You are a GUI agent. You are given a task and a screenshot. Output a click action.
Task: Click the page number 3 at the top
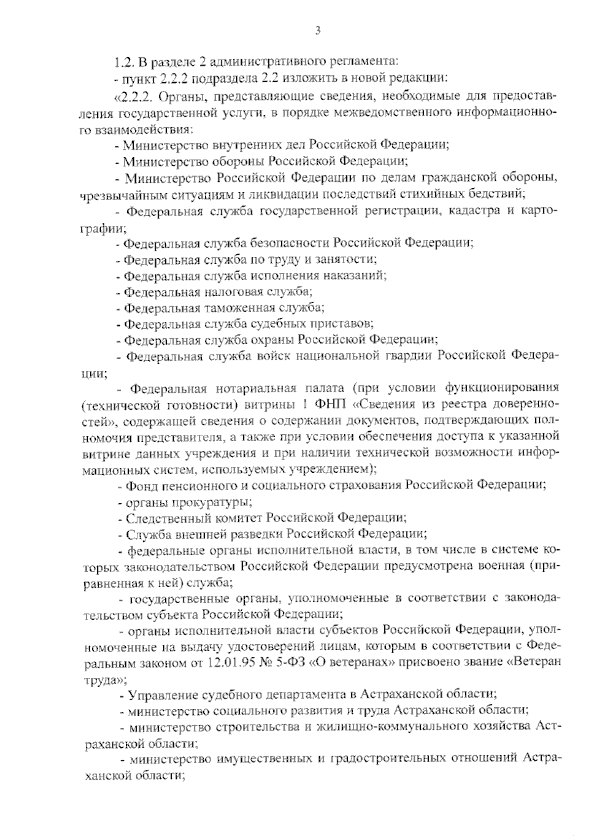(x=318, y=31)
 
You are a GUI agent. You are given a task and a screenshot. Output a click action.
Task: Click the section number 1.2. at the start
(x=123, y=63)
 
